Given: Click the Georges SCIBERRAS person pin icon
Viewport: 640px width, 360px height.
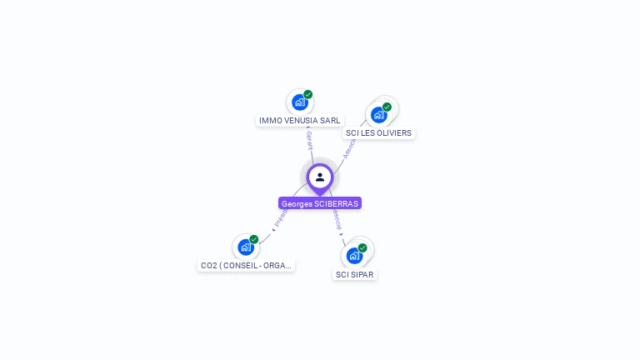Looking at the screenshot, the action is click(320, 177).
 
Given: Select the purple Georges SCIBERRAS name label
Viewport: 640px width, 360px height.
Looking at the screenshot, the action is click(320, 203).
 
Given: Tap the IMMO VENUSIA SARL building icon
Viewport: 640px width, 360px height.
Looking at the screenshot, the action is click(299, 102).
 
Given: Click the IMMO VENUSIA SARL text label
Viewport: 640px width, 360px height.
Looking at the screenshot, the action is click(299, 120).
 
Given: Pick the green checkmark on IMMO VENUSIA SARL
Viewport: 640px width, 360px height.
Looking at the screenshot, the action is click(308, 94).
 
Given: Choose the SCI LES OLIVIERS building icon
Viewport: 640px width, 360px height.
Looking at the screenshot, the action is click(379, 114).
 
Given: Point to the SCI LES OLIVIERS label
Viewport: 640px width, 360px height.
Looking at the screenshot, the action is click(378, 132).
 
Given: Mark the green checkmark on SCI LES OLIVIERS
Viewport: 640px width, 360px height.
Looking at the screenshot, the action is click(387, 107).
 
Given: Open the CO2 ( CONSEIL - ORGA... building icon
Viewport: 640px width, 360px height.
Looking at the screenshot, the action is click(245, 247).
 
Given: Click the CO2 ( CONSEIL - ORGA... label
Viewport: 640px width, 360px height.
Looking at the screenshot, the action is click(246, 266).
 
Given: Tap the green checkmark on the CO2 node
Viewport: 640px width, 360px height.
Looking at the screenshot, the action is click(254, 239).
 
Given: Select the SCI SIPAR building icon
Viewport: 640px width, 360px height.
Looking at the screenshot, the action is click(354, 255).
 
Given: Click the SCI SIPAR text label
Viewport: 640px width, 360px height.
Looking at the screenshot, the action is click(354, 274).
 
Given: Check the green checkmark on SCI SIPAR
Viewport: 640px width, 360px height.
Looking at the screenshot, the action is click(362, 247).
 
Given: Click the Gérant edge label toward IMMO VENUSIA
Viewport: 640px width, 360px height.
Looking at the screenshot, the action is click(309, 140).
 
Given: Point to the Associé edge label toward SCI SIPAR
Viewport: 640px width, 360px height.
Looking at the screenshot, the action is click(337, 219).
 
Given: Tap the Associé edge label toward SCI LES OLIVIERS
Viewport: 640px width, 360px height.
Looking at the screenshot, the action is click(349, 148).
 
